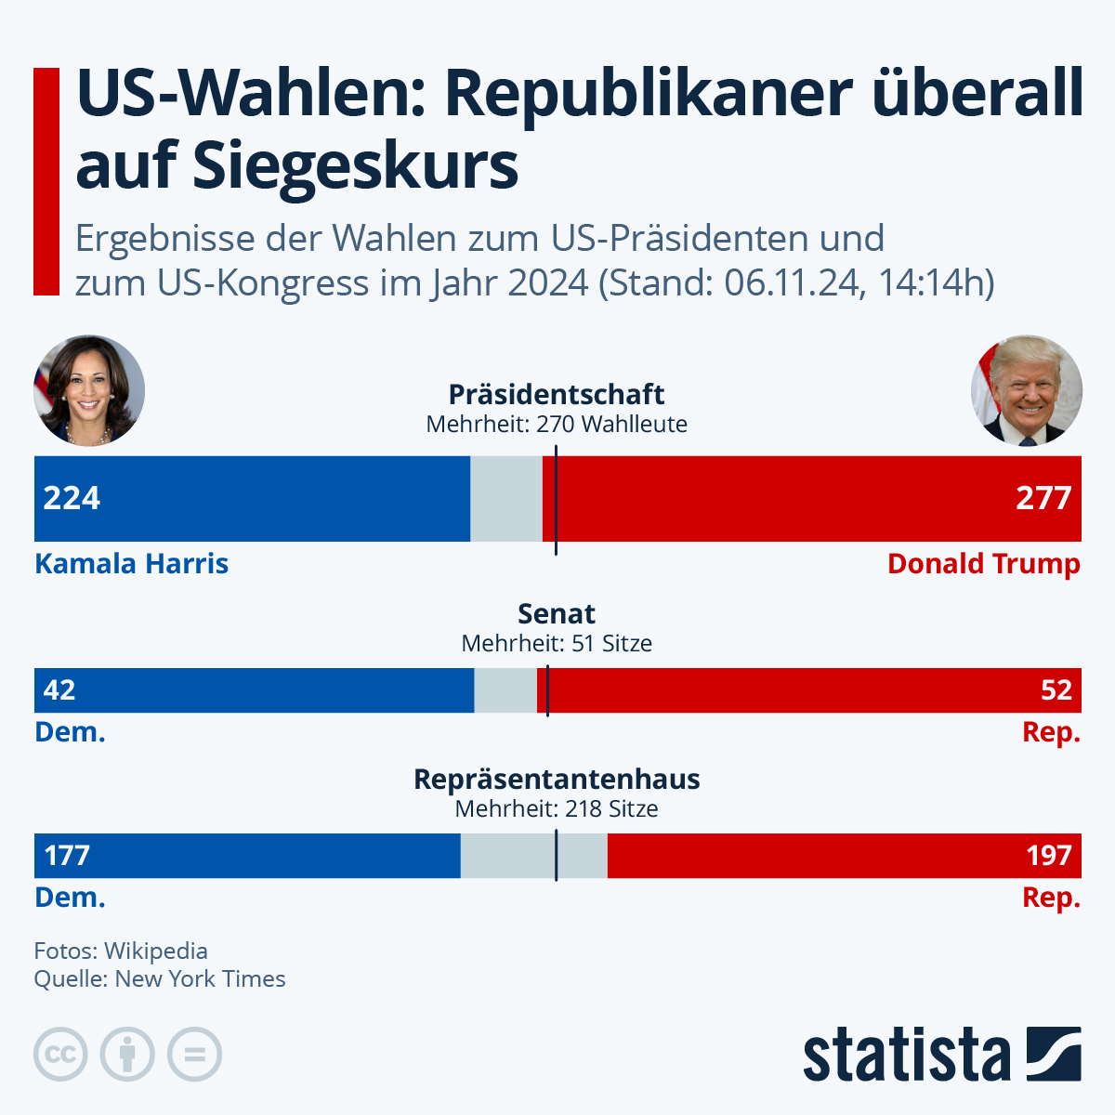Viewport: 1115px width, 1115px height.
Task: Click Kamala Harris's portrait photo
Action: click(89, 391)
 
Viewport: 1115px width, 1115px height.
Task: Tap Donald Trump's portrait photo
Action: click(1026, 391)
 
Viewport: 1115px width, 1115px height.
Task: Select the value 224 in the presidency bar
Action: click(72, 498)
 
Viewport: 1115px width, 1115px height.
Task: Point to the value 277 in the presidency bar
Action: click(1043, 498)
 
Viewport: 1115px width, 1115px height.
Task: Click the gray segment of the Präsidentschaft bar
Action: click(505, 498)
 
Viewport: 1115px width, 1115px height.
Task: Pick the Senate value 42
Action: click(59, 690)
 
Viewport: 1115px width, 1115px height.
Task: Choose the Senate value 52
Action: click(1056, 690)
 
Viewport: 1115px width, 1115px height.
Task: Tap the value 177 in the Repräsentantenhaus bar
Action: click(67, 856)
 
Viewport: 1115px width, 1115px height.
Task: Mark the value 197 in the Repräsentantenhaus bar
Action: click(1049, 856)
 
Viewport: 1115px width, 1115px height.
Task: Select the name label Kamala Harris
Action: click(131, 564)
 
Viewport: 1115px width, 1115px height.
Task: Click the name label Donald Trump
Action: click(983, 564)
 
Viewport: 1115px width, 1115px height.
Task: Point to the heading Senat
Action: click(557, 614)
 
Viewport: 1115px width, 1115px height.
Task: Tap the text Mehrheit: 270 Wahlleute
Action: click(557, 425)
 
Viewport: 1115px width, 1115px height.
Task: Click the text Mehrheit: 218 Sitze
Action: click(557, 809)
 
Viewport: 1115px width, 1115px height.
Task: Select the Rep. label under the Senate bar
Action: click(1051, 732)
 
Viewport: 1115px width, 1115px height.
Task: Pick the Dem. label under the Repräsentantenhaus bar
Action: click(70, 898)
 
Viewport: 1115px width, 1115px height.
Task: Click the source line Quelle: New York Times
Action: click(160, 978)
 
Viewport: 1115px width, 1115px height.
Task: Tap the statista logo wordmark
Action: click(906, 1056)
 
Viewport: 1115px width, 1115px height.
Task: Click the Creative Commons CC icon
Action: click(60, 1055)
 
